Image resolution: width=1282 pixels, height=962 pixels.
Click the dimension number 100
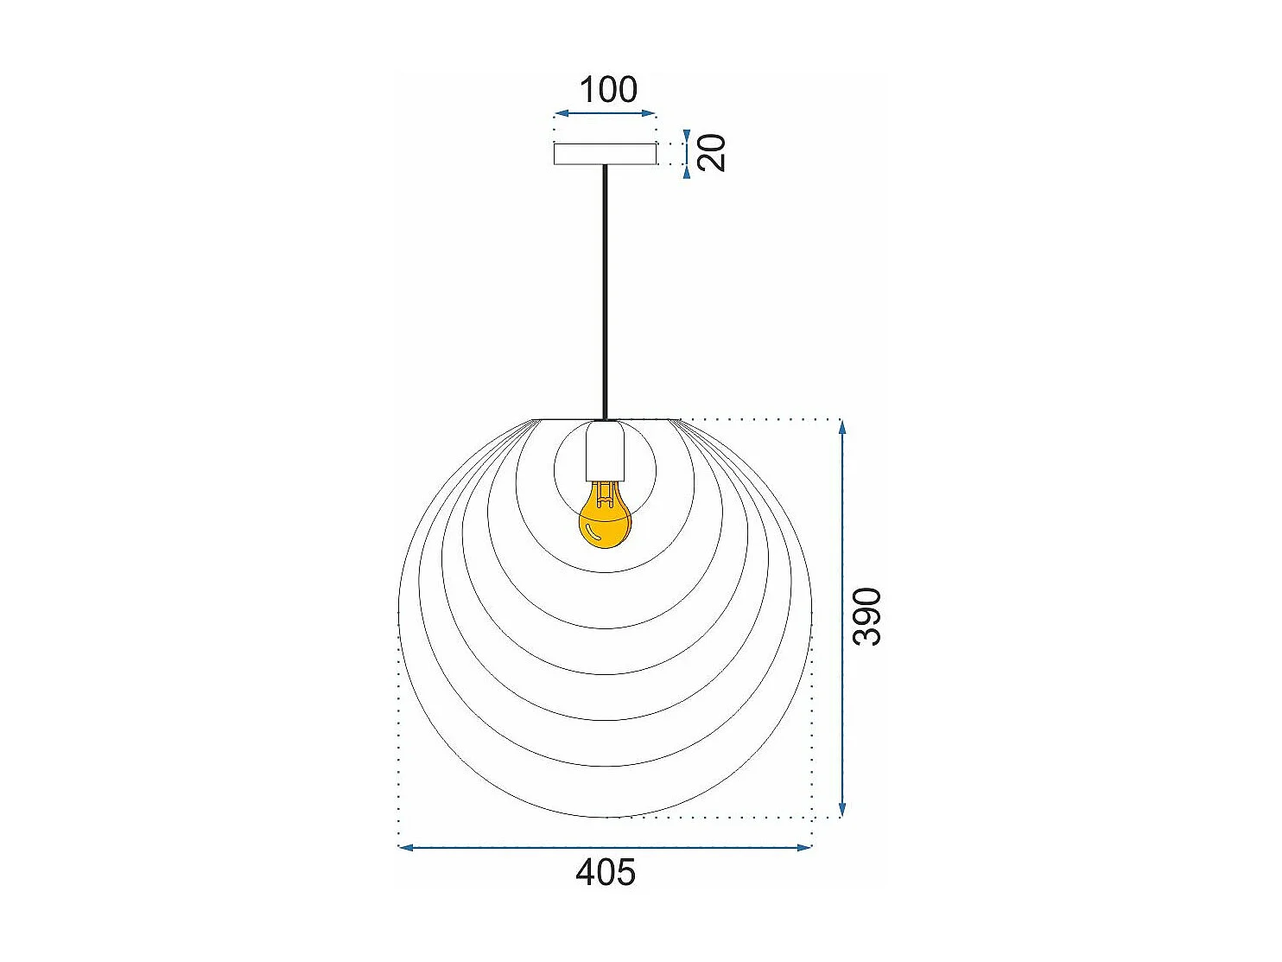click(607, 90)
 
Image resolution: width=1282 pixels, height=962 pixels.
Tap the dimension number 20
click(713, 153)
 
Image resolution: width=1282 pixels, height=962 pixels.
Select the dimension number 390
click(866, 616)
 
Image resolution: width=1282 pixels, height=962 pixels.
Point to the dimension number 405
click(605, 872)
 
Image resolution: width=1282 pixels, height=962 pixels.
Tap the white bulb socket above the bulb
click(605, 452)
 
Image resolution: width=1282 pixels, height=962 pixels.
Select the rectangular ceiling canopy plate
click(605, 154)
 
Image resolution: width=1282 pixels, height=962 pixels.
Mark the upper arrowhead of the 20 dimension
click(687, 137)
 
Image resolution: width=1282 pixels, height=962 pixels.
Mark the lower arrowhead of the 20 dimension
click(687, 172)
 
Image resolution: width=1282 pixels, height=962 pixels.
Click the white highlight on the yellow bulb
click(590, 531)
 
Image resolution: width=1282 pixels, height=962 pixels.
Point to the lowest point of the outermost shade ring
click(605, 817)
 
